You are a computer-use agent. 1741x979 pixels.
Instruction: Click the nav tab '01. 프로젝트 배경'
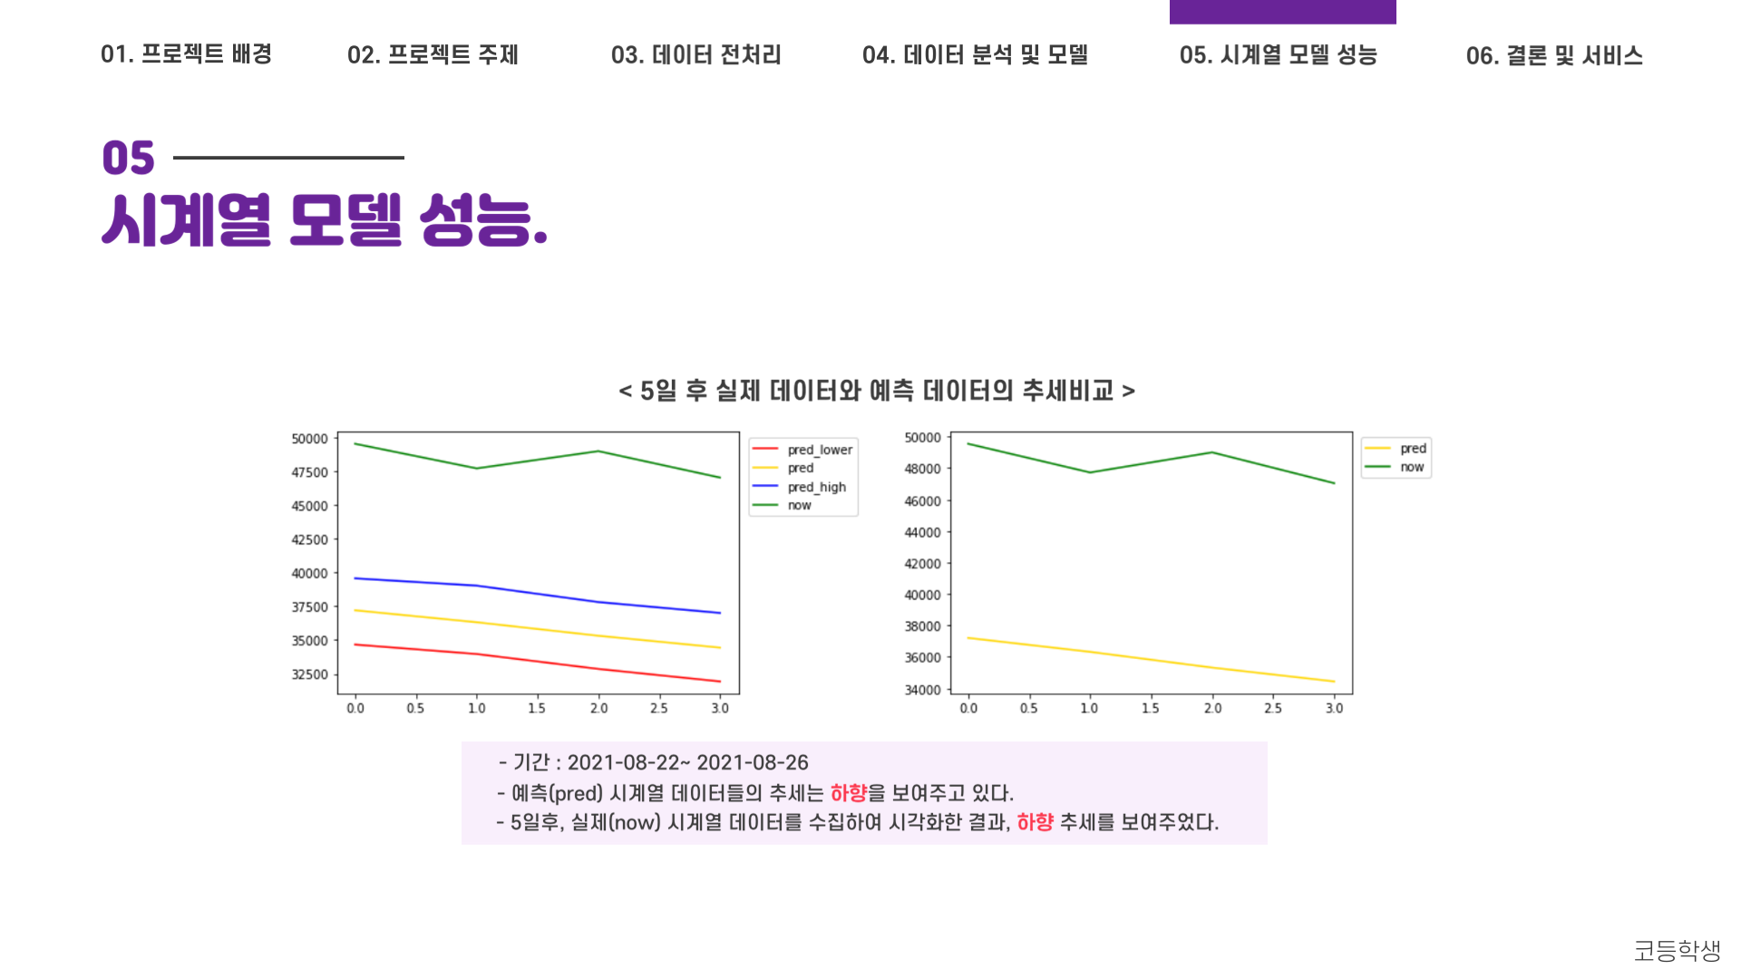point(186,54)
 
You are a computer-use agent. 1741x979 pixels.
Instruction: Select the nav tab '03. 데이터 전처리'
point(695,55)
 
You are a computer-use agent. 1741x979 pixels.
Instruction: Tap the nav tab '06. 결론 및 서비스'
point(1553,56)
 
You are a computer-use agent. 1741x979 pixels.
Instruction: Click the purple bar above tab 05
point(1282,12)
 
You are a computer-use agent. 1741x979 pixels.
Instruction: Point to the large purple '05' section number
point(128,159)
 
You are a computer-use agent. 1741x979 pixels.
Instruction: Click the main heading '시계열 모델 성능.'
point(325,220)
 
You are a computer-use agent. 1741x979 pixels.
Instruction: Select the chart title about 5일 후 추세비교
point(876,391)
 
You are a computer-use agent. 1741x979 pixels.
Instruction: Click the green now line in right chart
point(1151,462)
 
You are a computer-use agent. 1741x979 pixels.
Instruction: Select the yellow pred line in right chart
point(1151,660)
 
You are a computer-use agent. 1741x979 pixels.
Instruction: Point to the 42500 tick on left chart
point(309,539)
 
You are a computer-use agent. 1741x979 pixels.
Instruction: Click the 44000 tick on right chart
point(922,532)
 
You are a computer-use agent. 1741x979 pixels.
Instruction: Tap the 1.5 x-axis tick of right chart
point(1150,708)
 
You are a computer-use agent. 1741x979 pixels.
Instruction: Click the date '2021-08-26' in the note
point(752,762)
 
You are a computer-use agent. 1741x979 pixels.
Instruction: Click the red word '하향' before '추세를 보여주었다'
point(1035,822)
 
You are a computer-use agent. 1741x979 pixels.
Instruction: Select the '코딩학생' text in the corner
point(1677,950)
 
